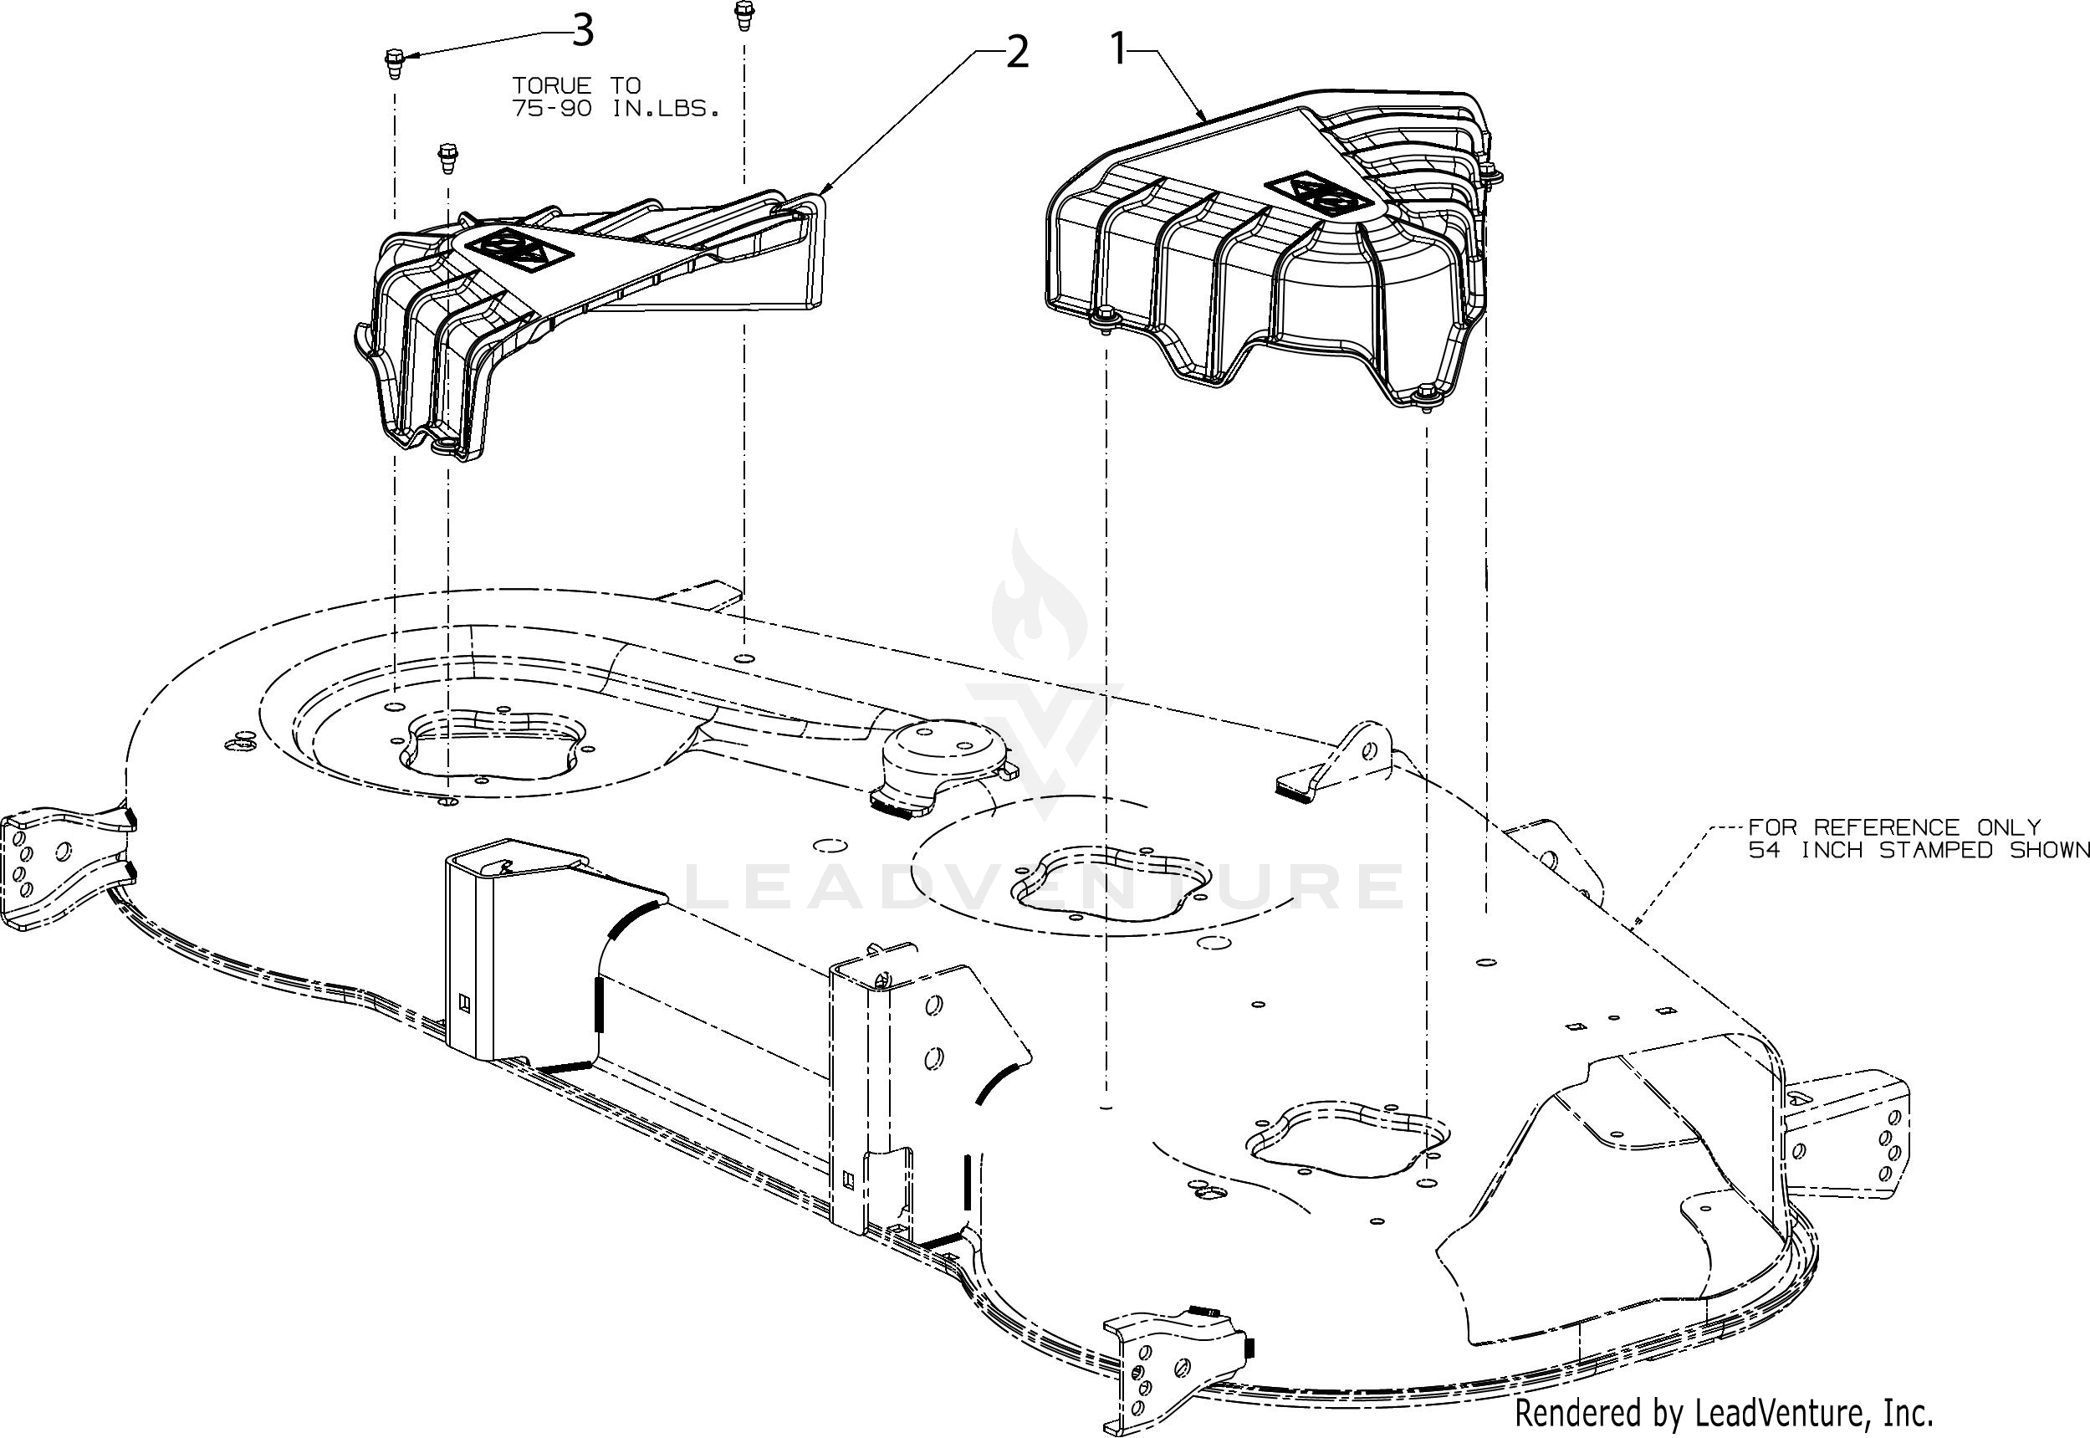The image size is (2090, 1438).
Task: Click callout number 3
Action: (x=583, y=33)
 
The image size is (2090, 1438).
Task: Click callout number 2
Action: (x=1016, y=54)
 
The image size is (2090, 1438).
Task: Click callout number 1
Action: (x=1119, y=49)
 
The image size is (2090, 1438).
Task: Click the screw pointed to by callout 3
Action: (x=394, y=64)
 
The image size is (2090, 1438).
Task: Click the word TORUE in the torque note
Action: (x=552, y=86)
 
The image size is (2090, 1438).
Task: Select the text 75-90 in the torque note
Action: (x=552, y=110)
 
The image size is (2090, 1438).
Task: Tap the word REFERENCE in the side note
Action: (x=1887, y=827)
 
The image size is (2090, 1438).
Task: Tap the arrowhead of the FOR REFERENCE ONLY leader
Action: (x=1636, y=923)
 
